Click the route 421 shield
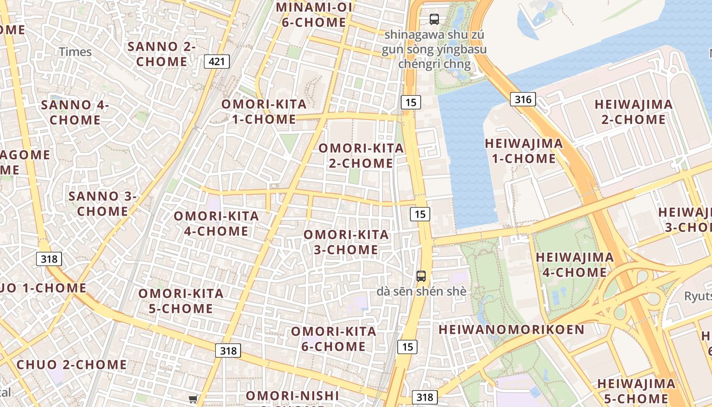217,62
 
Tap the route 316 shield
523,99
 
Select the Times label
75,51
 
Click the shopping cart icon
193,399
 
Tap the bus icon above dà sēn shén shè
421,276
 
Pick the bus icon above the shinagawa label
434,19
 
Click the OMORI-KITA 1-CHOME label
264,112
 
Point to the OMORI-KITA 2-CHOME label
361,156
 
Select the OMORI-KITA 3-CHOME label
346,242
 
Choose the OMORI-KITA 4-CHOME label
217,223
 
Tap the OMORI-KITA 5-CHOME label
181,301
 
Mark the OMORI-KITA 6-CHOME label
334,339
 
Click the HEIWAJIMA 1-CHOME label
524,151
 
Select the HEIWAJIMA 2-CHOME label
634,112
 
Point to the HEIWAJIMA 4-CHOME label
575,265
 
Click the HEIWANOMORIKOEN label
512,329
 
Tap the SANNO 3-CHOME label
103,203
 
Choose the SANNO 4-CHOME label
75,112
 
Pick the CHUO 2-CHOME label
72,365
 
